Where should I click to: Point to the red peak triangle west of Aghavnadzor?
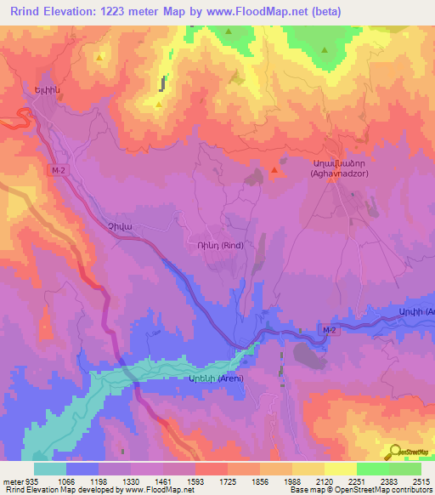(274, 173)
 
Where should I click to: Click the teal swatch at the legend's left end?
(50, 469)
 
